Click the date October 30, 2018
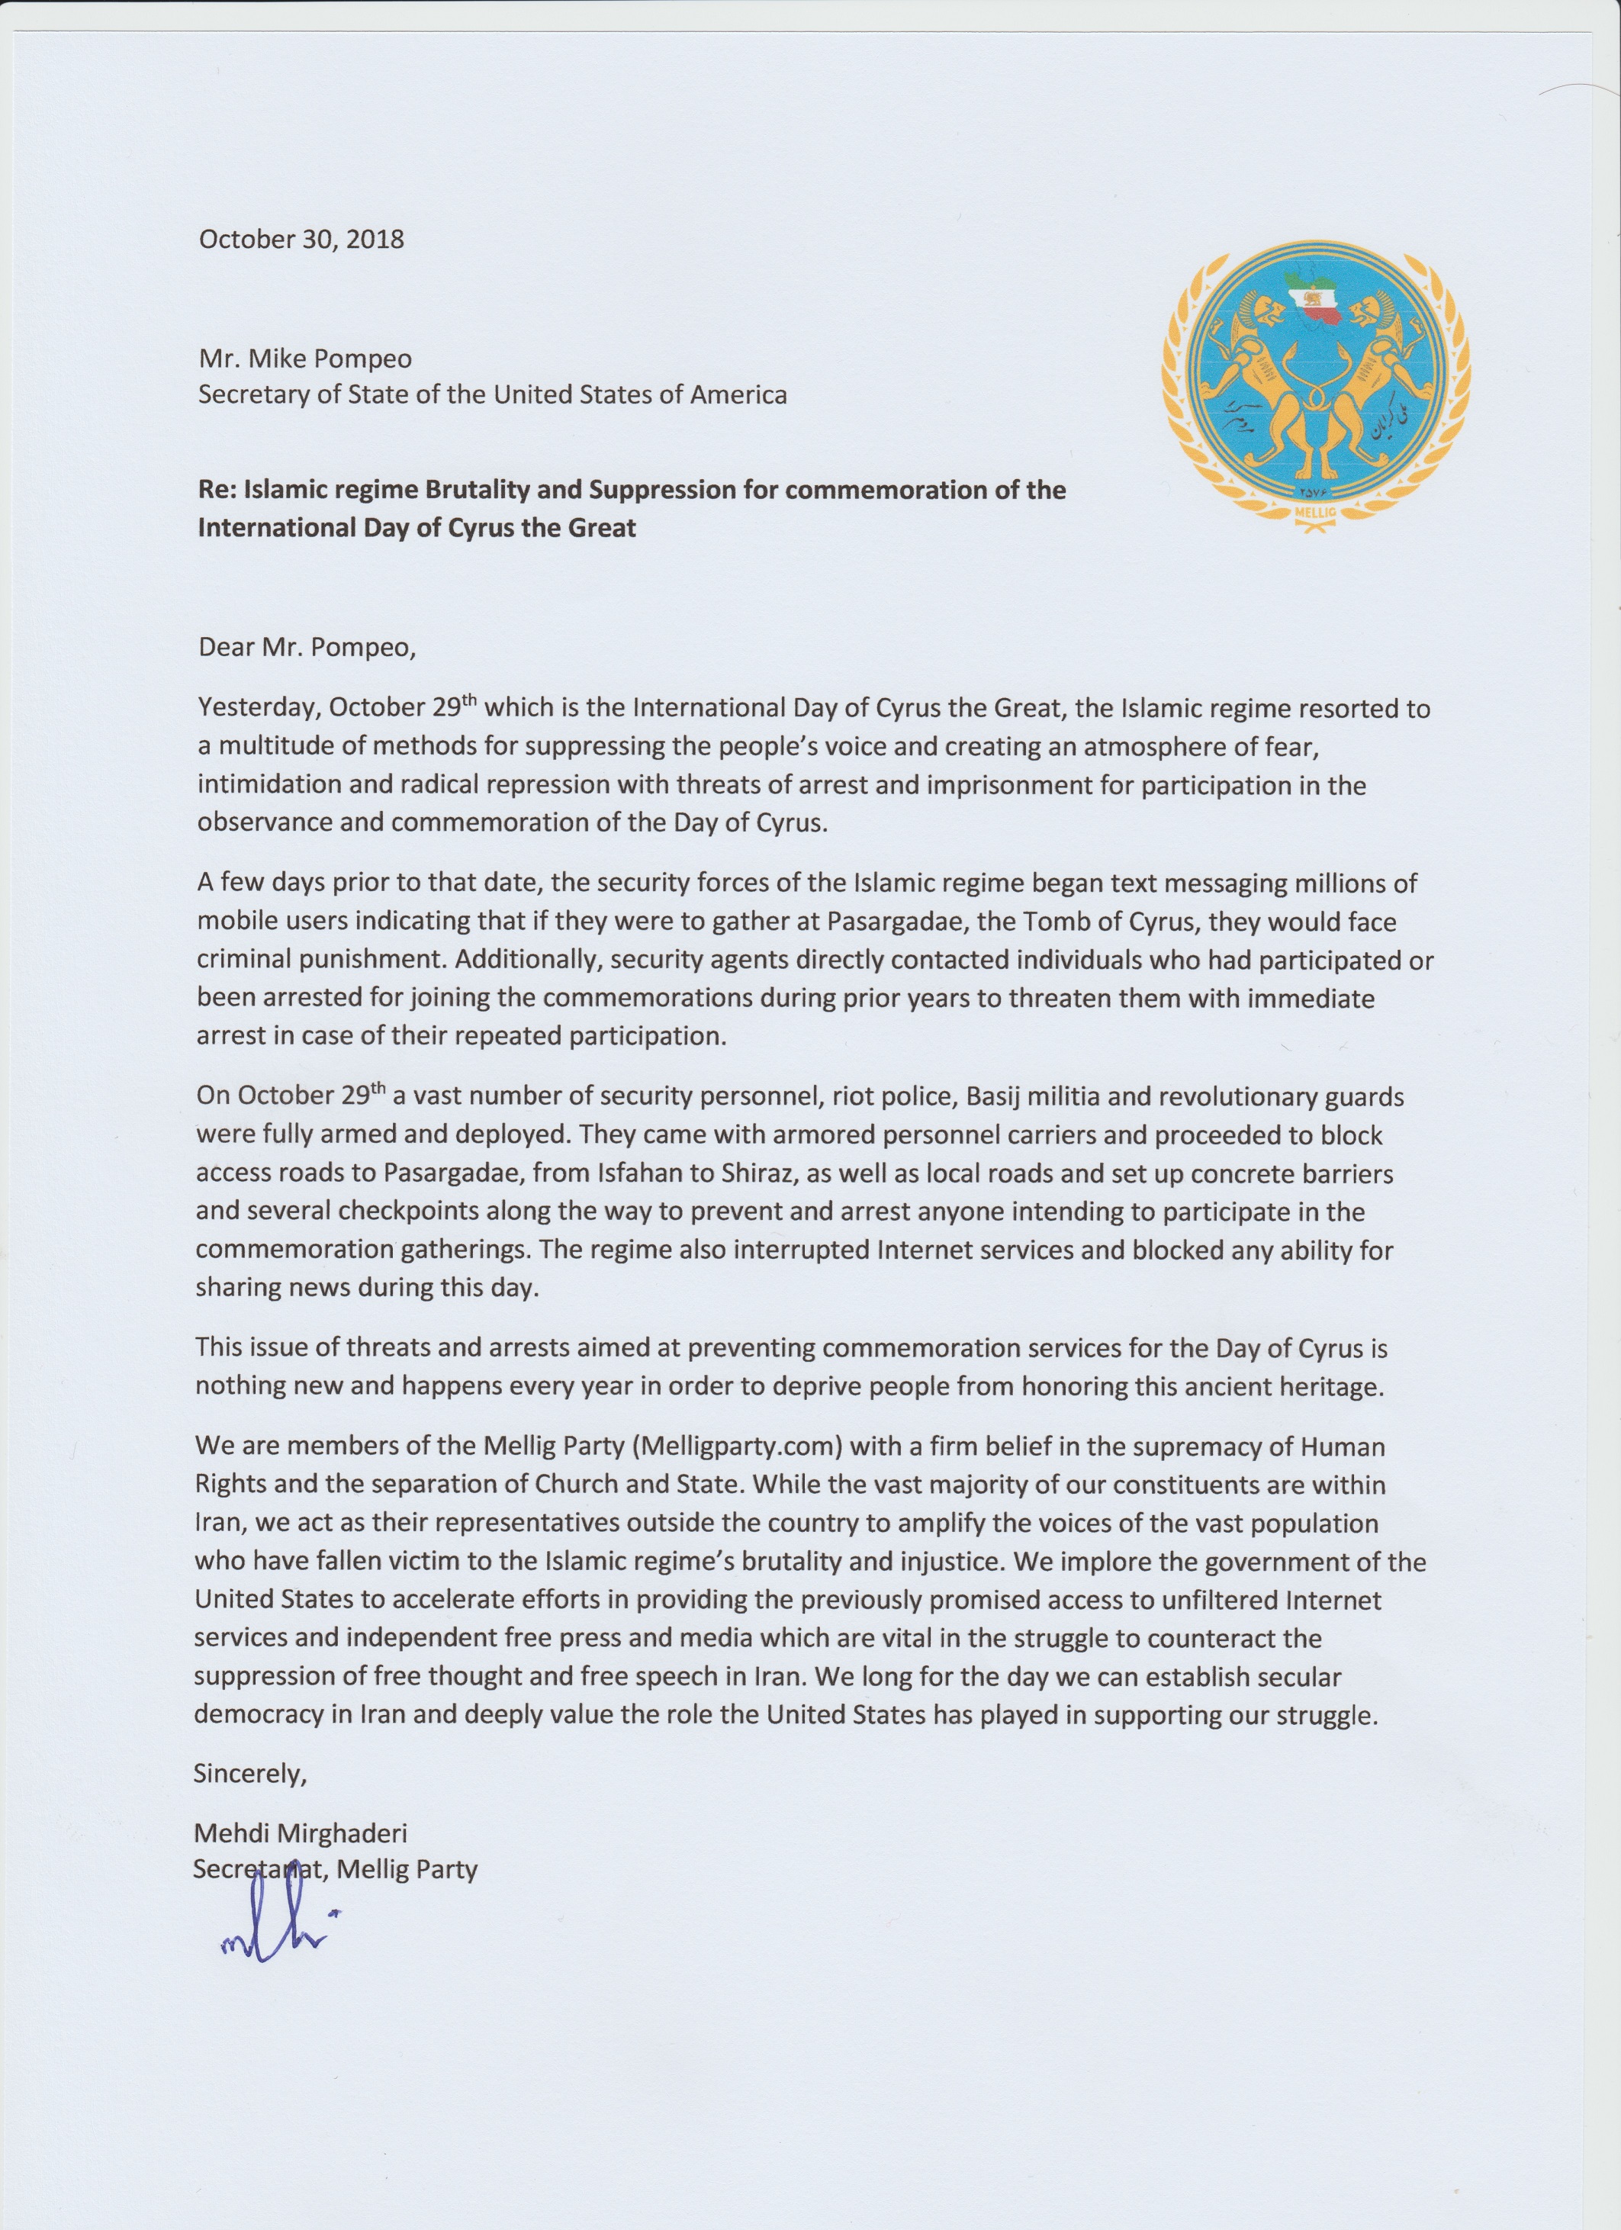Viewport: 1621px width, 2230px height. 301,240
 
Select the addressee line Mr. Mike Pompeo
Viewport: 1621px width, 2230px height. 304,358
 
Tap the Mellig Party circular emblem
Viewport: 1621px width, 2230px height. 1311,388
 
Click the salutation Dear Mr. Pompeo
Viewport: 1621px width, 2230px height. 307,647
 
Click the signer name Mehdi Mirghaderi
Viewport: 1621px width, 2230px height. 300,1833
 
